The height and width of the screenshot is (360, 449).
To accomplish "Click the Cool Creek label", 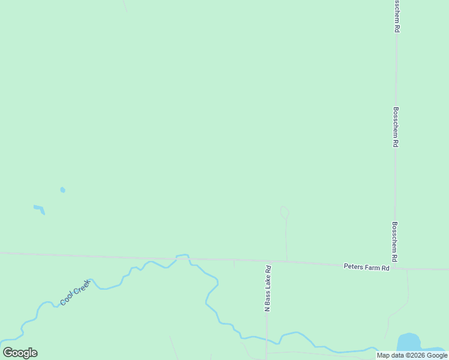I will (74, 292).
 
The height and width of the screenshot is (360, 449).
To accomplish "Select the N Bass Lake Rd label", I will (268, 288).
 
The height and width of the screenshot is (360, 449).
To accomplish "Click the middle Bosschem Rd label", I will (396, 127).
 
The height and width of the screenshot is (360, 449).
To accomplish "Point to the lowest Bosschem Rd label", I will (395, 242).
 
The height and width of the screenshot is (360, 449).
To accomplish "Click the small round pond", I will (62, 190).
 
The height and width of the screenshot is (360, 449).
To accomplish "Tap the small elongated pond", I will (39, 209).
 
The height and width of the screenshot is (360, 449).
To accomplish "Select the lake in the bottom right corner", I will (409, 343).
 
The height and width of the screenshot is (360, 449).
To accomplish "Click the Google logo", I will (20, 353).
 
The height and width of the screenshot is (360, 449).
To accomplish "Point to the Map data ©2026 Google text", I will (412, 355).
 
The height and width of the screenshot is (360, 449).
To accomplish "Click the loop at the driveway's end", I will (285, 212).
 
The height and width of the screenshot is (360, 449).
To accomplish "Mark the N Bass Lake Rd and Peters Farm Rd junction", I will (267, 261).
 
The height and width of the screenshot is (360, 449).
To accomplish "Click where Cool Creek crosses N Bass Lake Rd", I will (267, 338).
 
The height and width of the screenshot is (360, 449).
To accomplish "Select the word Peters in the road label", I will (353, 266).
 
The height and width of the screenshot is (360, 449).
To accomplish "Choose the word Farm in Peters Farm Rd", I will (371, 267).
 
